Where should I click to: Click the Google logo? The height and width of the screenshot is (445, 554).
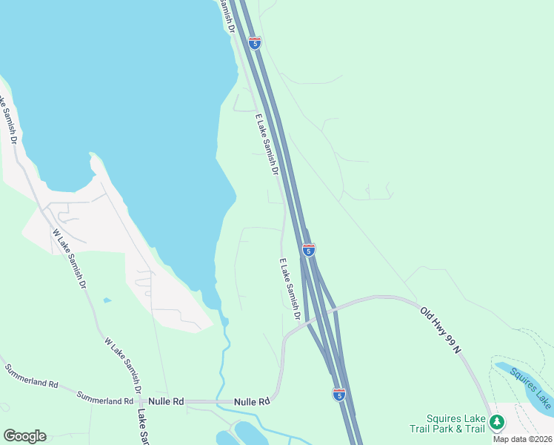(24, 436)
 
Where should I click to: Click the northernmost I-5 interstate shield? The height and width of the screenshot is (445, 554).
(255, 43)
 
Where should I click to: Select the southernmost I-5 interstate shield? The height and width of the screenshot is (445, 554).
(338, 395)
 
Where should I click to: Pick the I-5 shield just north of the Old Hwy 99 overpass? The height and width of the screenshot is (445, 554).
(309, 250)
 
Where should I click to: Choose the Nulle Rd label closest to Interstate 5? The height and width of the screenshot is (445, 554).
(251, 402)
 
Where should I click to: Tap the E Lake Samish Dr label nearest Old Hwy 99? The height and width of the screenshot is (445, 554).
(289, 289)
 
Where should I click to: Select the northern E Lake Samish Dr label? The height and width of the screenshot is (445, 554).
(266, 144)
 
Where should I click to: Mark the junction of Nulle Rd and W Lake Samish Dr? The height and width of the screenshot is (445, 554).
(141, 401)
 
